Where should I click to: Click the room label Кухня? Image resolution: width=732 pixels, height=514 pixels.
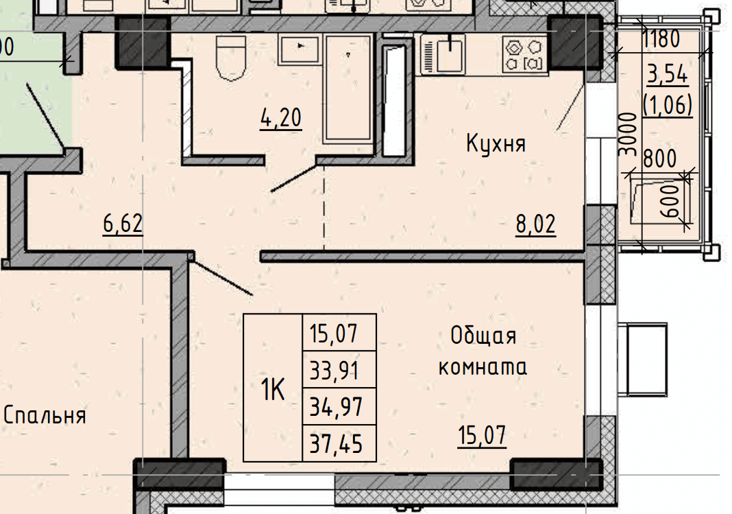coord(496,143)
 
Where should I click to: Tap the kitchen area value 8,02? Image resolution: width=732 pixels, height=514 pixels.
coord(535,224)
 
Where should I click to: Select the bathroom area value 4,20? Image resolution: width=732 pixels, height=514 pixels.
coord(280,118)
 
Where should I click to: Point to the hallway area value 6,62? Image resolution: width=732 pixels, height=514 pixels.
coord(123,223)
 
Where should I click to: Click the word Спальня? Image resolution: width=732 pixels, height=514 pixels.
coord(45,415)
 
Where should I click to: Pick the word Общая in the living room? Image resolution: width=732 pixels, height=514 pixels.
coord(483,336)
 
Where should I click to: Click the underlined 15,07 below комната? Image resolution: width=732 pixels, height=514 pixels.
coord(482,436)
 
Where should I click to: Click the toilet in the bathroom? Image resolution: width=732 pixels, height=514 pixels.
coord(231,57)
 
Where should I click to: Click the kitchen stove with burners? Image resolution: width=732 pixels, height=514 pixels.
coord(525,55)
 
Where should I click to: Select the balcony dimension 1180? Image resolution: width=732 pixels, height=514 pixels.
coord(661,39)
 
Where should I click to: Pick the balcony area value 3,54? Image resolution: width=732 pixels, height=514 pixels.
coord(668,74)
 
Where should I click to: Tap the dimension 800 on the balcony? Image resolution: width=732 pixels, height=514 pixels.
coord(659,159)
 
